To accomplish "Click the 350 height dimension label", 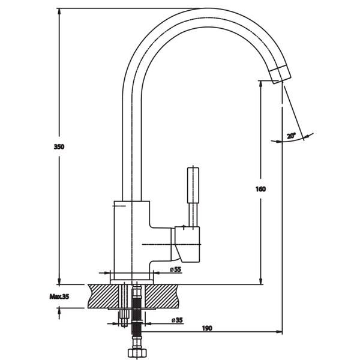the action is click(x=59, y=147).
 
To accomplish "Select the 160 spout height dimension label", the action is click(x=260, y=189).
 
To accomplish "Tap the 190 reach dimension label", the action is click(x=207, y=328).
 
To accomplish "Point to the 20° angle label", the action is click(x=291, y=136).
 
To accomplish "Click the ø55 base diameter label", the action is click(x=176, y=269).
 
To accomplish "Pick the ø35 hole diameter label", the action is click(x=177, y=320).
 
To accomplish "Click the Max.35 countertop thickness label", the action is click(x=59, y=296).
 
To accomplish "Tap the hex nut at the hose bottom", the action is click(x=137, y=353).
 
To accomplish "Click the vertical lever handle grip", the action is click(x=193, y=185).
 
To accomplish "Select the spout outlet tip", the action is click(x=280, y=74).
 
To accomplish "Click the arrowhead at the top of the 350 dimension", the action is click(x=59, y=12).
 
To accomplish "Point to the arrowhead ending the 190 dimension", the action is click(x=279, y=332).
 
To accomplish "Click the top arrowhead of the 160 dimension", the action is click(x=260, y=84).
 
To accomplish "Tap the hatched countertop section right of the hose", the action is click(x=161, y=296).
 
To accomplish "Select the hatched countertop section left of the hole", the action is click(x=104, y=296).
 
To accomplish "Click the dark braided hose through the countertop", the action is click(x=137, y=315).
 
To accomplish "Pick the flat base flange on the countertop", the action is click(x=132, y=282).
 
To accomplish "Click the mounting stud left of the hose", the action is click(x=124, y=305).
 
